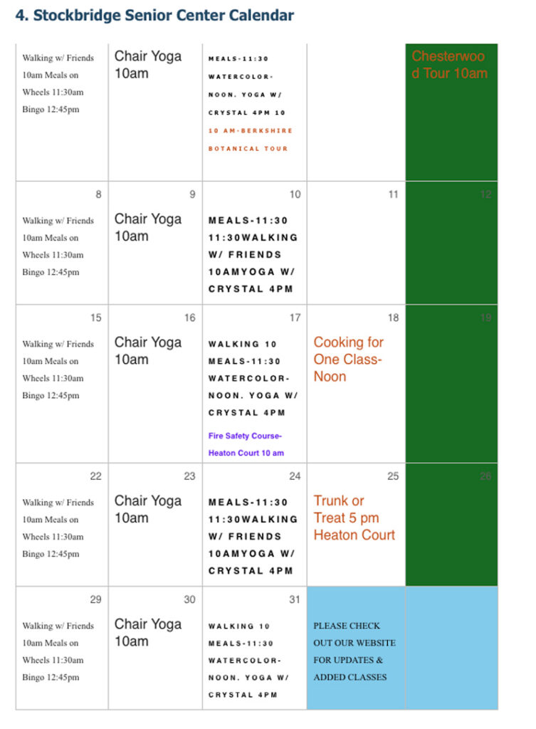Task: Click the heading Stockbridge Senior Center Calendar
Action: (154, 15)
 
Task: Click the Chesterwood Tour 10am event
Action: (449, 64)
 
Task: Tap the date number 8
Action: (98, 194)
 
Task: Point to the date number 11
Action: (393, 194)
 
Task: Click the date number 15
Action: (95, 318)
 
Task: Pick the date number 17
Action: (295, 318)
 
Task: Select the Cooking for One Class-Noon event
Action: (348, 359)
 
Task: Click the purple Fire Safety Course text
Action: (246, 444)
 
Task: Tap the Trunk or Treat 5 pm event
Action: (354, 518)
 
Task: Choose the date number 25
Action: (393, 476)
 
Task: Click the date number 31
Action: (295, 599)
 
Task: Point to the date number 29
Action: (95, 599)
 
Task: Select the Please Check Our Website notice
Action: (354, 651)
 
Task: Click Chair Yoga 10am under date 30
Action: (147, 632)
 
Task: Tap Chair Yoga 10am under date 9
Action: (147, 227)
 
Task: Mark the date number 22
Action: (95, 476)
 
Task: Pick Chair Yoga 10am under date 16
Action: (147, 350)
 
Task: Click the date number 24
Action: (295, 476)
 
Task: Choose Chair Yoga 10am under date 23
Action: (147, 509)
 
